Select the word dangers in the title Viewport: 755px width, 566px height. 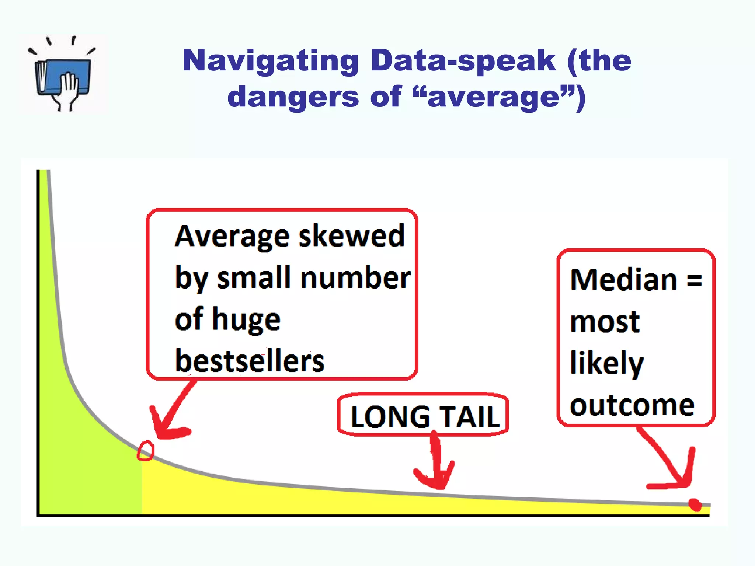tap(293, 97)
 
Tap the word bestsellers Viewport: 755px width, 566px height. tap(250, 361)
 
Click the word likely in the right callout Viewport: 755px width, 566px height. tap(607, 363)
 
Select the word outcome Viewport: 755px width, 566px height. tap(632, 406)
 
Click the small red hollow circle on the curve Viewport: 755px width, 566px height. tap(146, 451)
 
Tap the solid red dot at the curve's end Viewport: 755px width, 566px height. tap(695, 505)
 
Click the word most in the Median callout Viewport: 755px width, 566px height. tap(605, 322)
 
